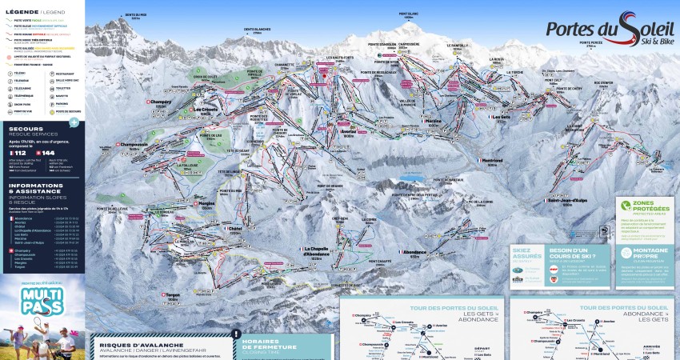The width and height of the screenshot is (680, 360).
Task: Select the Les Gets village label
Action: pyautogui.click(x=501, y=118)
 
